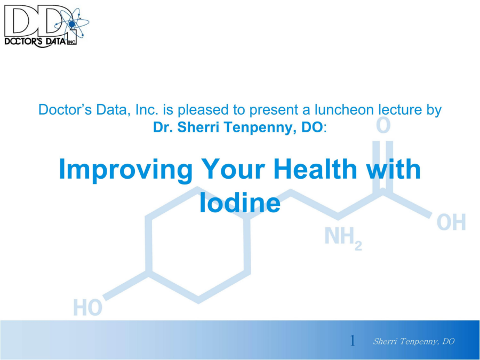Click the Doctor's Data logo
pos(46,26)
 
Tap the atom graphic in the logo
pos(73,23)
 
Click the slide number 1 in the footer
pos(353,341)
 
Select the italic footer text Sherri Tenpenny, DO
pos(413,341)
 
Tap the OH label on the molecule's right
pos(451,222)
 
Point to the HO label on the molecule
pos(88,307)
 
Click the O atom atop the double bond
pos(383,125)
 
